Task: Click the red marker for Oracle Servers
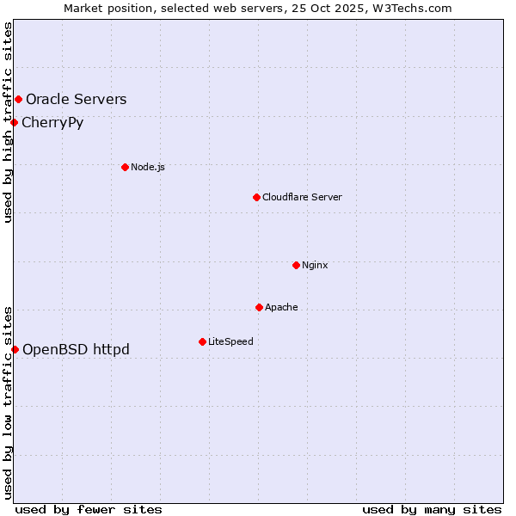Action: pyautogui.click(x=18, y=100)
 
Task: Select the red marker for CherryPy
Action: pyautogui.click(x=15, y=122)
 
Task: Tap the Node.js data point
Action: pyautogui.click(x=125, y=167)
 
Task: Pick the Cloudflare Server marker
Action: pyautogui.click(x=256, y=197)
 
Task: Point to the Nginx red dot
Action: pyautogui.click(x=296, y=265)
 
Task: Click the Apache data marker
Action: pyautogui.click(x=259, y=307)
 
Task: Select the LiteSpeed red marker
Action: pyautogui.click(x=202, y=341)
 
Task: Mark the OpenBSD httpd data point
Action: pyautogui.click(x=15, y=349)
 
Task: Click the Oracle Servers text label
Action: pyautogui.click(x=76, y=100)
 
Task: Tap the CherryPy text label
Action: pyautogui.click(x=52, y=122)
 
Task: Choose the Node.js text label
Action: pyautogui.click(x=148, y=167)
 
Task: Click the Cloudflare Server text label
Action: pyautogui.click(x=302, y=197)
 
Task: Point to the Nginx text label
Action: pyautogui.click(x=315, y=265)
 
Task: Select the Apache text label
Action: pyautogui.click(x=281, y=307)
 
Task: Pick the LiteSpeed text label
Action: pyautogui.click(x=230, y=341)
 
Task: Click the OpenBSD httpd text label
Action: pyautogui.click(x=76, y=349)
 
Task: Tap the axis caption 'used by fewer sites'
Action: pyautogui.click(x=89, y=509)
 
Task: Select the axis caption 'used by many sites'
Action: pyautogui.click(x=432, y=509)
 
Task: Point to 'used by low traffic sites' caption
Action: pyautogui.click(x=8, y=402)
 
